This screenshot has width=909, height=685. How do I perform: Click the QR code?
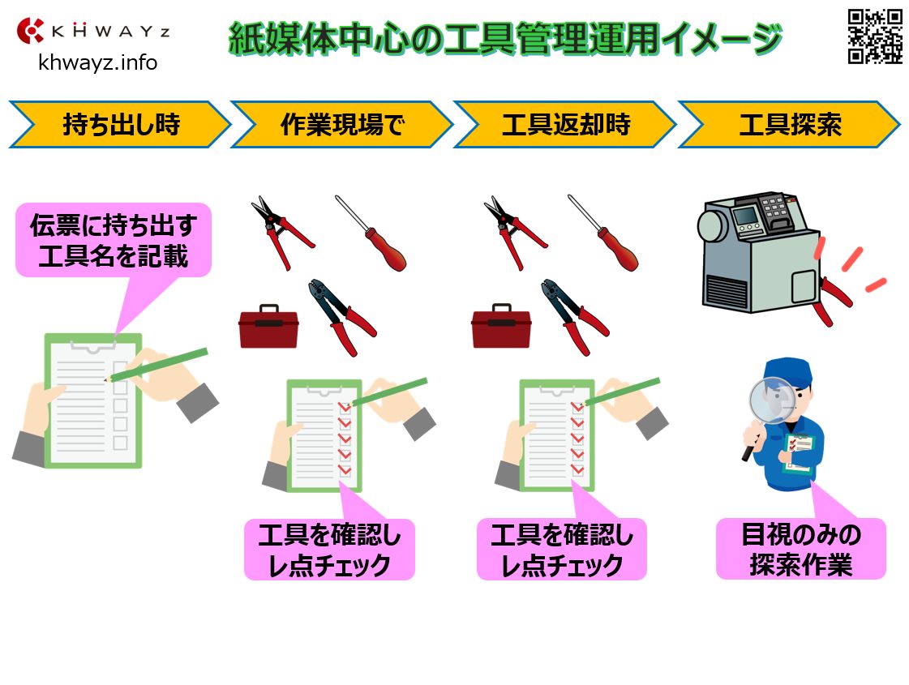click(x=874, y=36)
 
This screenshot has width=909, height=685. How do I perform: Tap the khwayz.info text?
click(x=97, y=62)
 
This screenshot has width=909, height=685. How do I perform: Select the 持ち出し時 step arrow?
click(x=120, y=125)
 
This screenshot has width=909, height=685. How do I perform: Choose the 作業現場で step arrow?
click(x=341, y=125)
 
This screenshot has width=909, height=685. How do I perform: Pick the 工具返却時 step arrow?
click(x=564, y=125)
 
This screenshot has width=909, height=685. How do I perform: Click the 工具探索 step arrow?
click(x=789, y=125)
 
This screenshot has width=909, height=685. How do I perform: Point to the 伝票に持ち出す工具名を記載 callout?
click(x=114, y=240)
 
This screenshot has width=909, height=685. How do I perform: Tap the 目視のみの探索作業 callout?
click(x=800, y=550)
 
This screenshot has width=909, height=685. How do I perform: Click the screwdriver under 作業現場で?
click(x=371, y=233)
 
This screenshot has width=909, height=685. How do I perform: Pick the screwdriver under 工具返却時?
click(x=604, y=233)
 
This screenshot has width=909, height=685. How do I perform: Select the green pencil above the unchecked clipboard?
click(x=158, y=364)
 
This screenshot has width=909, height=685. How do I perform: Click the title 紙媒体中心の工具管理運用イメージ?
click(x=505, y=38)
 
